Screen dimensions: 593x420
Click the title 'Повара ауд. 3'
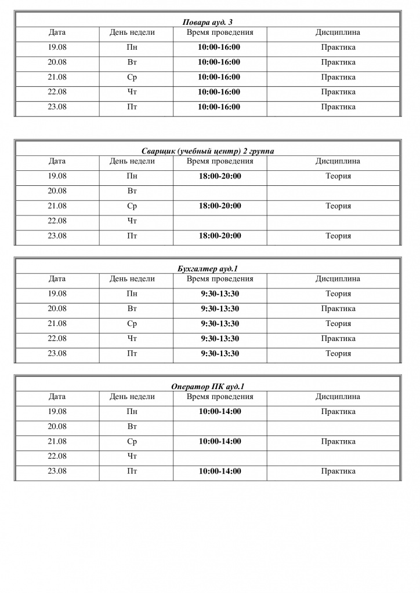pos(208,23)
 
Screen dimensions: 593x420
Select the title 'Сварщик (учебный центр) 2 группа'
pos(208,151)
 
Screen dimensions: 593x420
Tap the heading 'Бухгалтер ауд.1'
pos(208,269)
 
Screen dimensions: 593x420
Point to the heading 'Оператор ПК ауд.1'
pos(208,386)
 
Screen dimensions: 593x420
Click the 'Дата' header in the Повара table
pos(57,32)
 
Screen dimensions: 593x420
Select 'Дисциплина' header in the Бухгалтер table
pos(338,279)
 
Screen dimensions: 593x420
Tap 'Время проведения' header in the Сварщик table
pos(220,161)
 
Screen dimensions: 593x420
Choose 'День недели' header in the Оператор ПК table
pos(132,397)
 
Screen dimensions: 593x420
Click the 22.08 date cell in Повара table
pos(57,92)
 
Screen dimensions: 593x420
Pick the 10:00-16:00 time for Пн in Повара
pos(219,47)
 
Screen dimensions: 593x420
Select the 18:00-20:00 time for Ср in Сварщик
pos(220,206)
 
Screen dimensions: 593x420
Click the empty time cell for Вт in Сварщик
pos(220,191)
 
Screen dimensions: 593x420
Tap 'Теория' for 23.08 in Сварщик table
pos(338,236)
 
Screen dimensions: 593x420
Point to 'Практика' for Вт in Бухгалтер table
pos(338,309)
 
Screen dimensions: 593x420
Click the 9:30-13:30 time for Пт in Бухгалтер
pos(220,353)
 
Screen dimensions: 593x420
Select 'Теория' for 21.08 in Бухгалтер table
pos(338,324)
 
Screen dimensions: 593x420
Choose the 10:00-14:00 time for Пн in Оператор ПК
pos(220,412)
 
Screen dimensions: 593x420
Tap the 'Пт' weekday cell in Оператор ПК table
pos(132,471)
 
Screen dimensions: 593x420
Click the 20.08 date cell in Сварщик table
pos(57,191)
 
